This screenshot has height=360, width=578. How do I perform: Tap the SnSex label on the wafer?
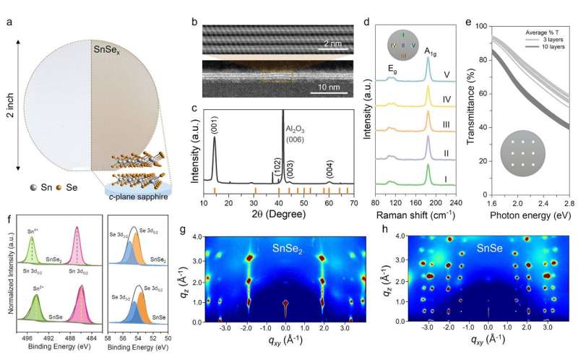[x=106, y=51]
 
